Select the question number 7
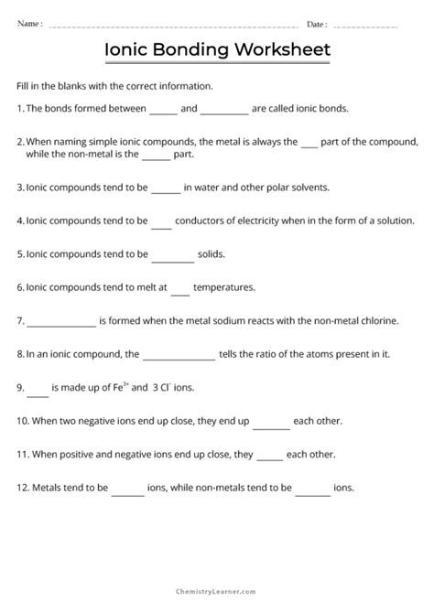[20, 321]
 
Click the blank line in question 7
[61, 323]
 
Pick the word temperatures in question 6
[223, 286]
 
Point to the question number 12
[23, 486]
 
